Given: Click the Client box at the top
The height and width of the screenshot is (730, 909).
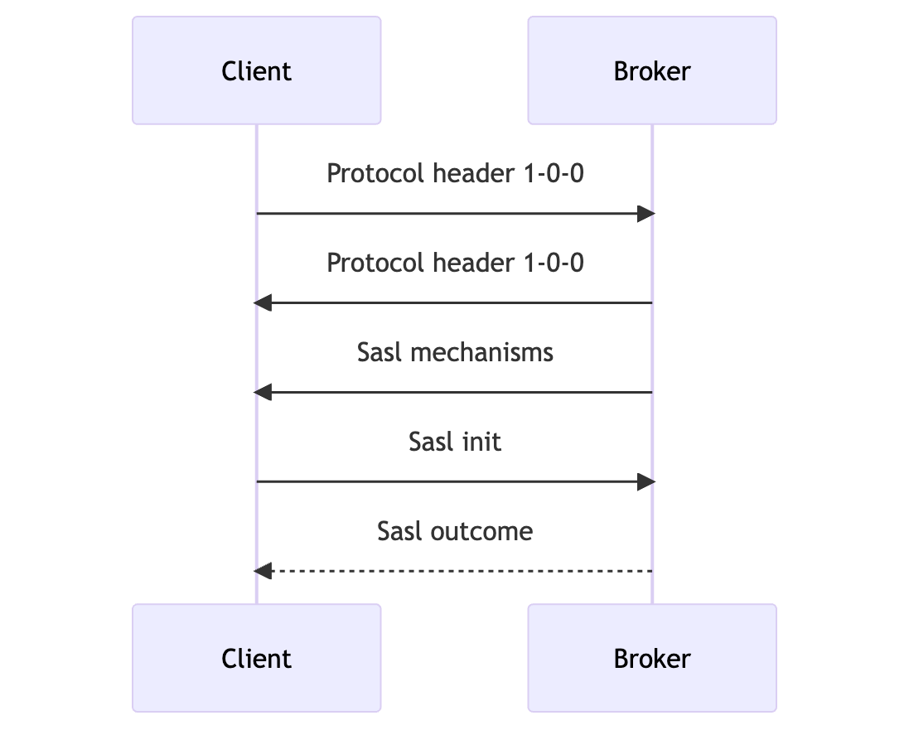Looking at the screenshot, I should [256, 70].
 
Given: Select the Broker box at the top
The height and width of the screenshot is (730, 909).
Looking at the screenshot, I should [652, 70].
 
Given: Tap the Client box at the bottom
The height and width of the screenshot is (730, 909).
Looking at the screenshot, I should [256, 658].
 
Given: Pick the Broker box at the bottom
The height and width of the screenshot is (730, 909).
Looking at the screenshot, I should [652, 658].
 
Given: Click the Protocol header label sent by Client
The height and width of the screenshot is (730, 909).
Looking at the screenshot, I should [455, 174].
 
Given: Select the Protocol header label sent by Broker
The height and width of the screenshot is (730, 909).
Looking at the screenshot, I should [455, 263].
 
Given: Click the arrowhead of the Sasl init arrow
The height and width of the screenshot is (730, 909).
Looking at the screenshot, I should [646, 481].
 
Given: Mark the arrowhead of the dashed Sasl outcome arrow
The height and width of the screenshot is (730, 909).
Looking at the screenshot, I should [263, 571].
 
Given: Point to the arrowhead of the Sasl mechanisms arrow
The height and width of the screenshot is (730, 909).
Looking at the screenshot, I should [263, 392].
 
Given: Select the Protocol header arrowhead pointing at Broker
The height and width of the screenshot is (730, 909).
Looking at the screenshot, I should [646, 214].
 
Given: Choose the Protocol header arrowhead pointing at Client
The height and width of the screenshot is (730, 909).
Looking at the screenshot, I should [263, 303].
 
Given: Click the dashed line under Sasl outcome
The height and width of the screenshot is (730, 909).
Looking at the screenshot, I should [455, 571].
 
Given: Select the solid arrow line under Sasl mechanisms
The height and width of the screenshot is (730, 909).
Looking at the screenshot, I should [455, 392].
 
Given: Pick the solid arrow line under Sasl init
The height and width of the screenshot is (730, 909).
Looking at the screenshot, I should [455, 481].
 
